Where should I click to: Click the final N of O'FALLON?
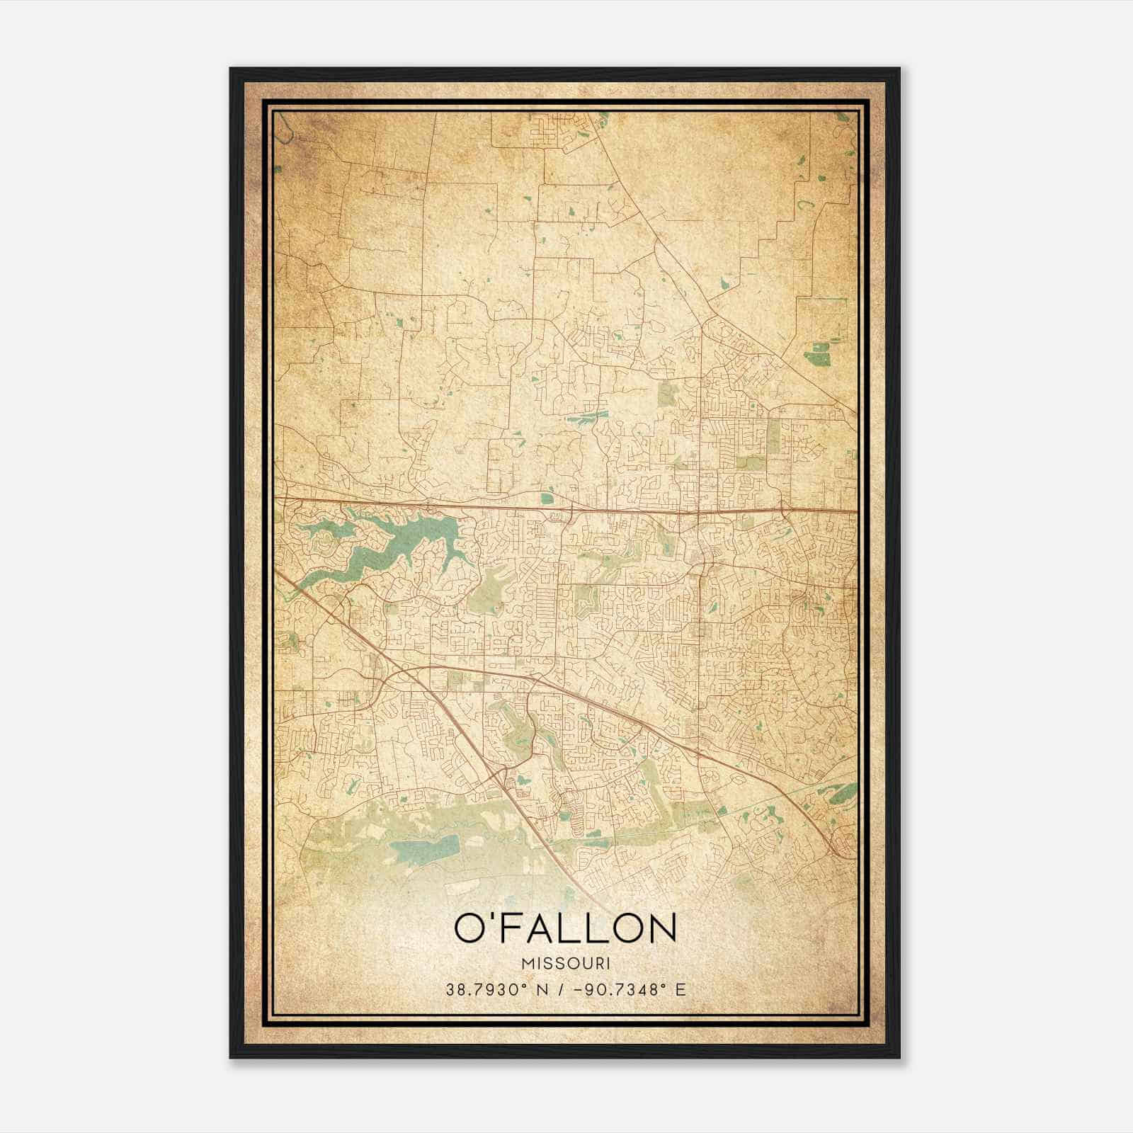pyautogui.click(x=660, y=928)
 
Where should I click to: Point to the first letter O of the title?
pyautogui.click(x=469, y=928)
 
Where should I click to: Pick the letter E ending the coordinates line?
pyautogui.click(x=681, y=989)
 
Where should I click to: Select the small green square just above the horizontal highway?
pyautogui.click(x=546, y=499)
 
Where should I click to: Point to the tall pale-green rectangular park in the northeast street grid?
pyautogui.click(x=774, y=435)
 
